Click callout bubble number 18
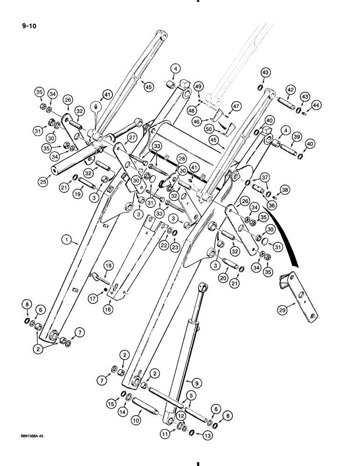(108, 265)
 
